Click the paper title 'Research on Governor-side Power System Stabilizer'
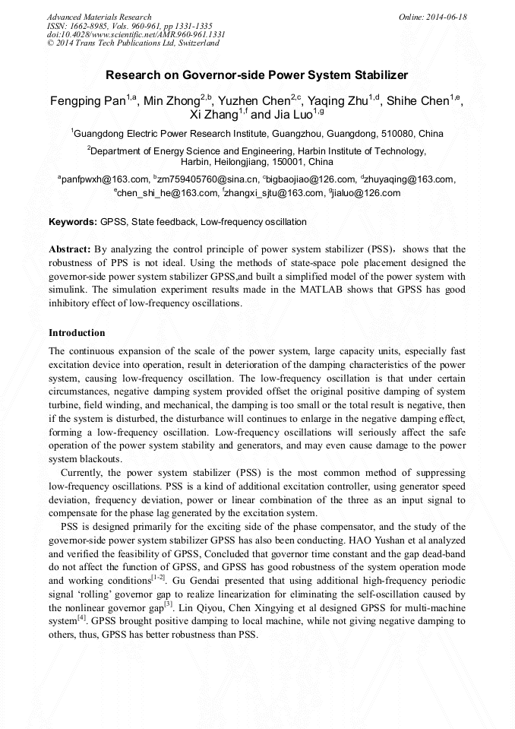(257, 75)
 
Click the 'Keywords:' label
(72, 222)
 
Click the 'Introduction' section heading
(77, 333)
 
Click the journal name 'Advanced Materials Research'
(99, 17)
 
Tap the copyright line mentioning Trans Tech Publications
(133, 43)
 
